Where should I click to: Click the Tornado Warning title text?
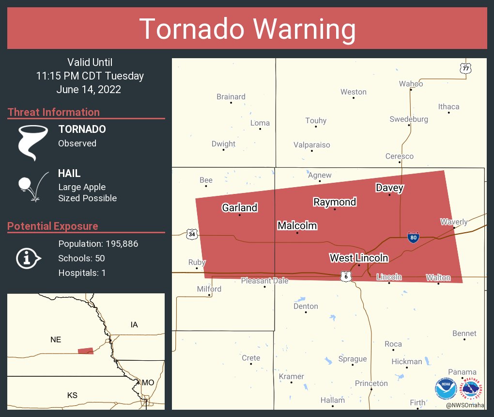pyautogui.click(x=247, y=29)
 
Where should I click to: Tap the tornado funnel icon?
pyautogui.click(x=33, y=142)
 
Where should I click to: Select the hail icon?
pyautogui.click(x=32, y=186)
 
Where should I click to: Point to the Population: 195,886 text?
pyautogui.click(x=98, y=243)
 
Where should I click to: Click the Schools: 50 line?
pyautogui.click(x=81, y=258)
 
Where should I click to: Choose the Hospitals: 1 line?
pyautogui.click(x=82, y=273)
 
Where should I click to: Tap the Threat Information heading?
pyautogui.click(x=54, y=112)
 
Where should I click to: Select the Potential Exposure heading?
pyautogui.click(x=53, y=226)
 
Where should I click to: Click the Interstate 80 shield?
pyautogui.click(x=413, y=237)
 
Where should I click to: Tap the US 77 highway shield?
pyautogui.click(x=465, y=68)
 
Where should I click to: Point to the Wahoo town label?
pyautogui.click(x=411, y=84)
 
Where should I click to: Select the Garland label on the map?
pyautogui.click(x=240, y=208)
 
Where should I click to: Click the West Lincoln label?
pyautogui.click(x=359, y=258)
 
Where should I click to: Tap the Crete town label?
pyautogui.click(x=251, y=358)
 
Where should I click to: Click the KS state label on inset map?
pyautogui.click(x=72, y=395)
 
